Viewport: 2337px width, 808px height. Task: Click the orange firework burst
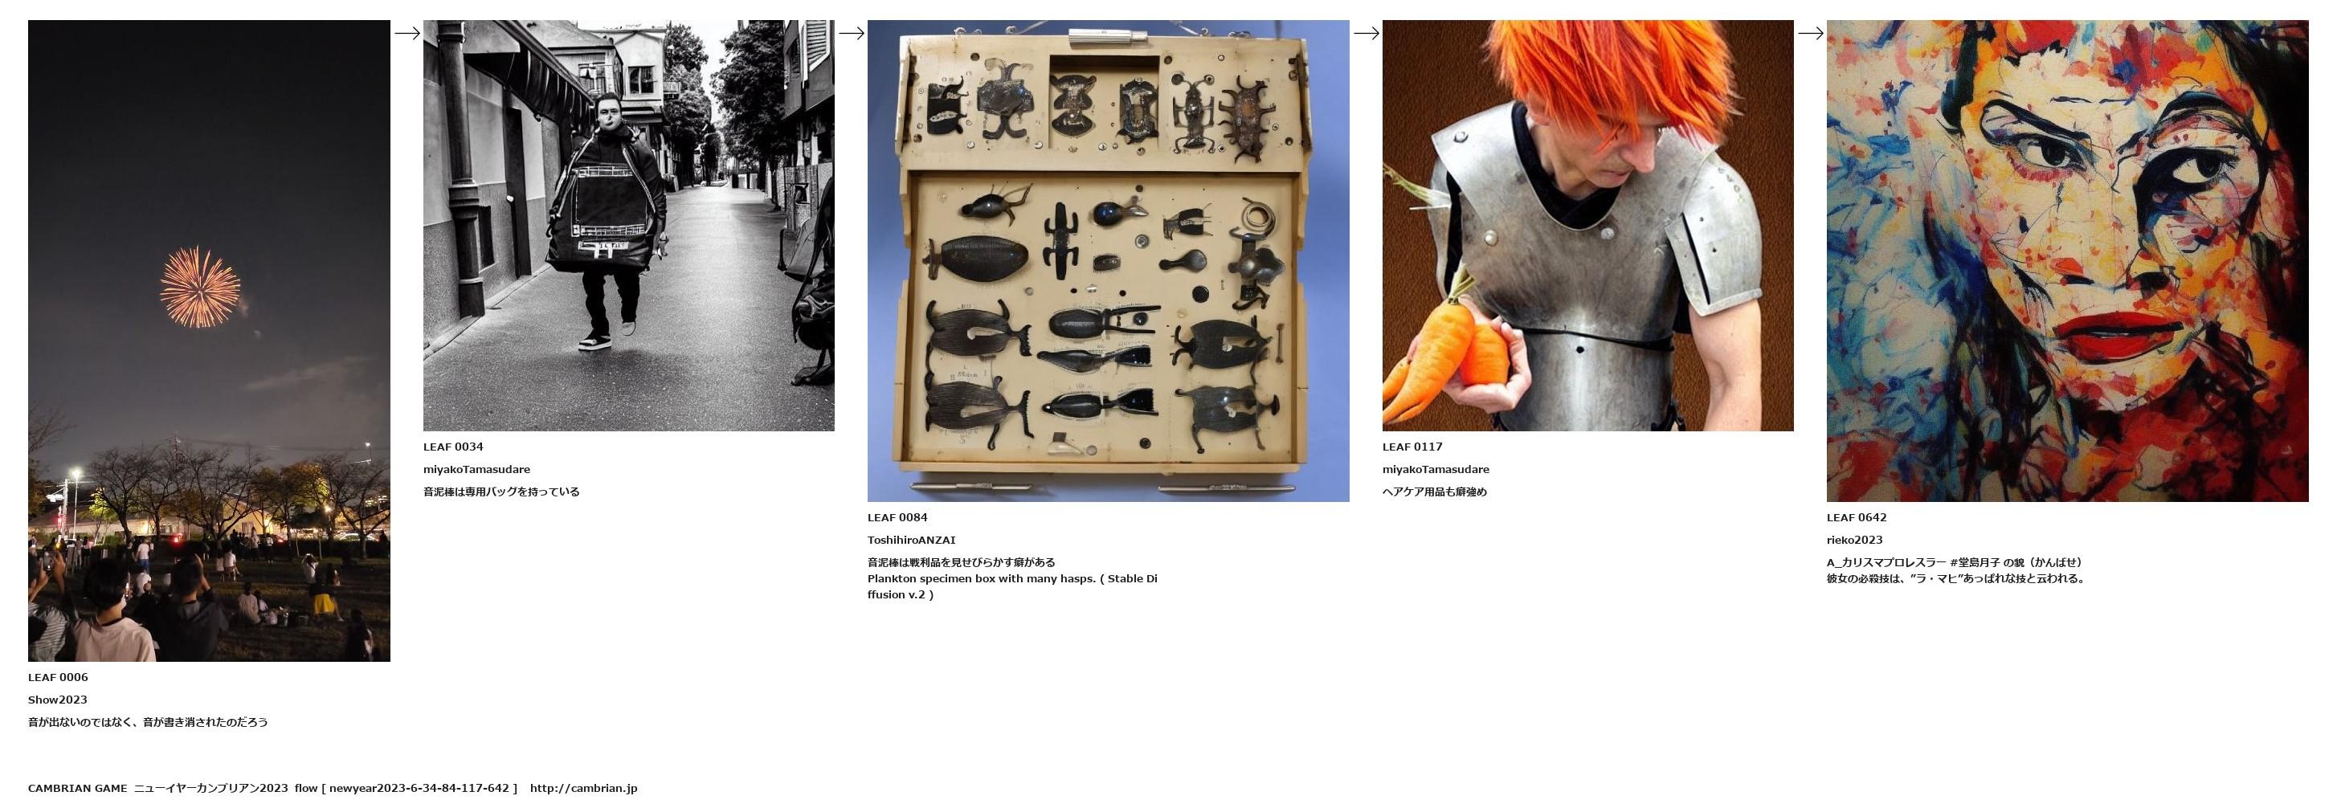[x=201, y=287]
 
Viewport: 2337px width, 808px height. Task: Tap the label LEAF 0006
[x=58, y=677]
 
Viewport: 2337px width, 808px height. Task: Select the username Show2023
[x=58, y=700]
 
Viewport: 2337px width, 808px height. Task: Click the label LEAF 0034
[x=454, y=447]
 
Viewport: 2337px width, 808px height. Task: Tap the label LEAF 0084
[x=897, y=518]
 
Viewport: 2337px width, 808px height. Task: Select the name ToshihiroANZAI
[x=911, y=541]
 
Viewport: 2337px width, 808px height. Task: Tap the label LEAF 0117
[x=1412, y=447]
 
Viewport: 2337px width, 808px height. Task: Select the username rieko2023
[x=1855, y=541]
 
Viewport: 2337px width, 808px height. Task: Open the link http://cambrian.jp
[x=583, y=788]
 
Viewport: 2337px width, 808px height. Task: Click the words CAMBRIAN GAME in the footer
[x=78, y=788]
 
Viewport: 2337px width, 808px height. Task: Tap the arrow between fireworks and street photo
[x=407, y=34]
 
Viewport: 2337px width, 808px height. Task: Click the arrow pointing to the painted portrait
[x=1811, y=34]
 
